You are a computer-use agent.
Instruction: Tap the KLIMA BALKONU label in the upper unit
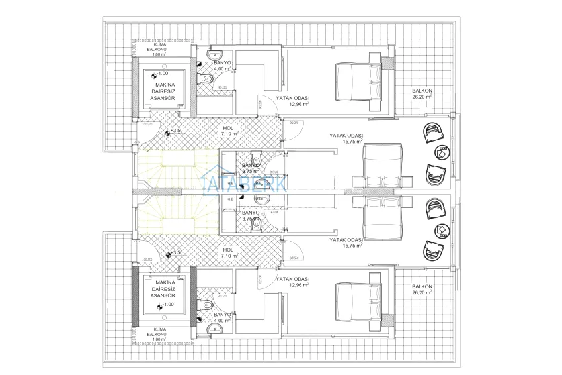(160, 48)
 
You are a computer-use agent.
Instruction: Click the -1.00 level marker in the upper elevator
(161, 74)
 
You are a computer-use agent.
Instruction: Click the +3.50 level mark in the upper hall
(175, 131)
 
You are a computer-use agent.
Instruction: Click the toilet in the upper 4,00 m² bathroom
(207, 80)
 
